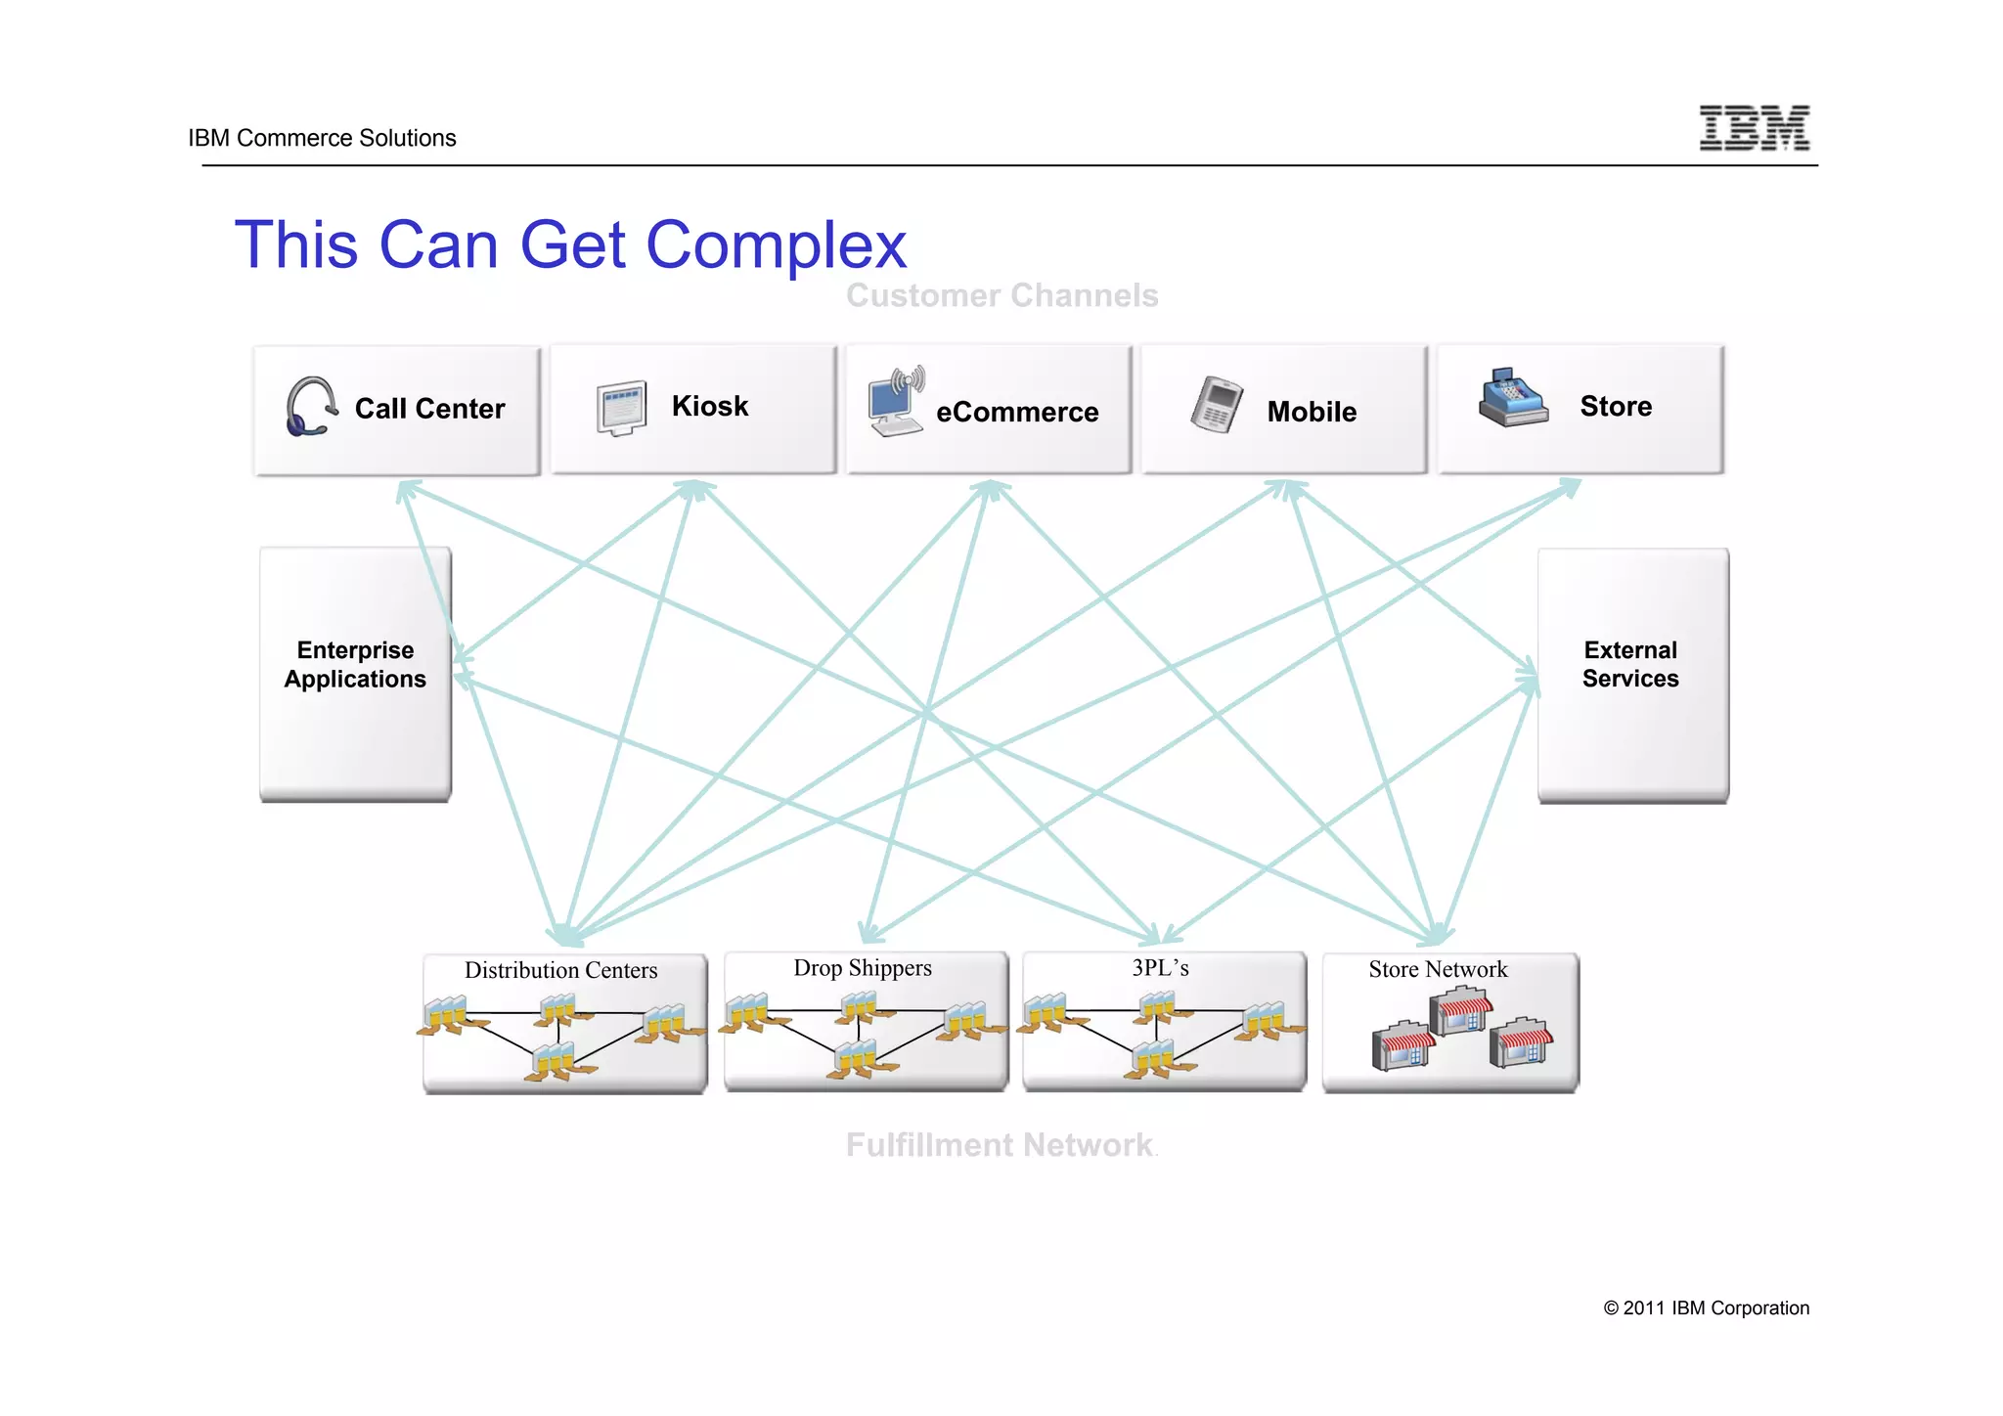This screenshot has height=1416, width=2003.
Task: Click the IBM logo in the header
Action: tap(1754, 128)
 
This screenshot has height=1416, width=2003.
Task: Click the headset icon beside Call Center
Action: tap(310, 407)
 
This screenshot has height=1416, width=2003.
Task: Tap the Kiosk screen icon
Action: tap(622, 408)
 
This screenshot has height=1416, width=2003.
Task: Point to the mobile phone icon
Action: tap(1216, 404)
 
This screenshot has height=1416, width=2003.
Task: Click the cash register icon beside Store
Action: tap(1512, 399)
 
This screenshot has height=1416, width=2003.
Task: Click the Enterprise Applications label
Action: tap(355, 665)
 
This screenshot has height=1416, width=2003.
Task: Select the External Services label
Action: tap(1630, 665)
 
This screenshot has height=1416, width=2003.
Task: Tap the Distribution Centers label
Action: tap(560, 970)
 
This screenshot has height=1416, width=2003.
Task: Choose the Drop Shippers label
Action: tap(863, 968)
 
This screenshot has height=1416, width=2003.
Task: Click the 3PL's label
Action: tap(1160, 968)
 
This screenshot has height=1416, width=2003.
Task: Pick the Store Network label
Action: tap(1438, 969)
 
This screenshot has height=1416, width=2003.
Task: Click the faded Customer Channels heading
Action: tap(1001, 295)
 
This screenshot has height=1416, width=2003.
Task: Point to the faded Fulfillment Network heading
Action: tap(1000, 1145)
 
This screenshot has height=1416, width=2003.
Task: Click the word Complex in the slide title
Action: tap(776, 244)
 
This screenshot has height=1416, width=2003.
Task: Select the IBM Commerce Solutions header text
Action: tap(322, 138)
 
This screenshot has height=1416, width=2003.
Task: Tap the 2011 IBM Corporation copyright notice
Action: tap(1706, 1308)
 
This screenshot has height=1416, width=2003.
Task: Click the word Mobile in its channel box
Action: tap(1312, 412)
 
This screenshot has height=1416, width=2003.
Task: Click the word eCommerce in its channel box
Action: tap(1017, 413)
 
